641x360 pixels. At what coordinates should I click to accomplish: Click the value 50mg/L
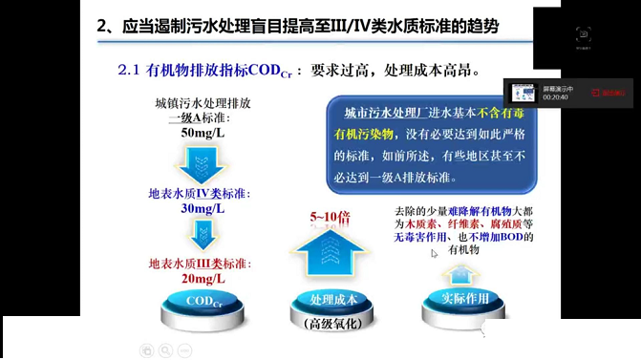click(x=201, y=133)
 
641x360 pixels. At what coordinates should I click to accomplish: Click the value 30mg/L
click(x=202, y=207)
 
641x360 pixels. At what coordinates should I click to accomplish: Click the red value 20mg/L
click(x=203, y=278)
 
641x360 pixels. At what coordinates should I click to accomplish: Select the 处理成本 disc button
click(x=334, y=300)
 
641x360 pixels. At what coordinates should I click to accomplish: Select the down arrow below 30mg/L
click(x=202, y=234)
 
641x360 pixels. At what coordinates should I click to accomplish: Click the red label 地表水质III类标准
click(x=199, y=264)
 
